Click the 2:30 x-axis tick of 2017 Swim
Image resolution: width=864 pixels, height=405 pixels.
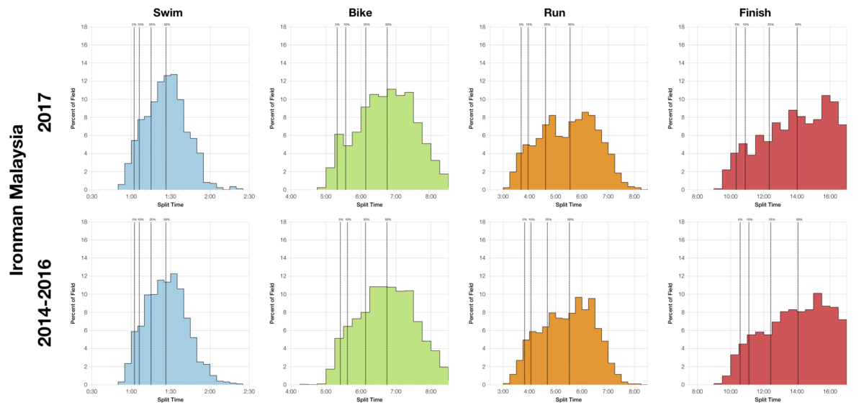249,196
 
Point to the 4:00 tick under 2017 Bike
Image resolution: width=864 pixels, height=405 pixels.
291,196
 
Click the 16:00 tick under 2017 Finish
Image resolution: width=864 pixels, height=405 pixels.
829,196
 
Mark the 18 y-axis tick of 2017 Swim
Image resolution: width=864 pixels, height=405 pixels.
86,27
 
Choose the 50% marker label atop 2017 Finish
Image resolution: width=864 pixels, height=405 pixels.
797,24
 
